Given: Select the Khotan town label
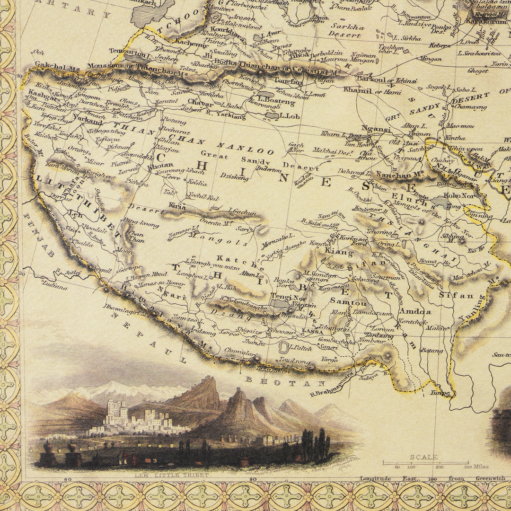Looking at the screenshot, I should coord(158,166).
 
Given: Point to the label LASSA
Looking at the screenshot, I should coord(313,331).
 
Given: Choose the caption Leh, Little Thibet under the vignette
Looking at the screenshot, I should coord(171,474).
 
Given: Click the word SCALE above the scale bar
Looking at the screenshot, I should coord(424,457).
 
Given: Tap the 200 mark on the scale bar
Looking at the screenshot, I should coord(440,467).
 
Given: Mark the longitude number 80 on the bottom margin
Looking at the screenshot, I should coord(68,479).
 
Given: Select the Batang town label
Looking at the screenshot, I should coord(432,351).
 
